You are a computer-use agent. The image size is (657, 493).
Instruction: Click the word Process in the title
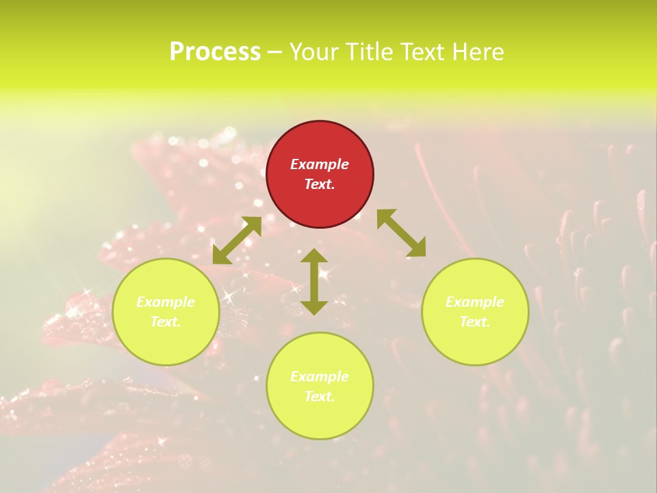(215, 52)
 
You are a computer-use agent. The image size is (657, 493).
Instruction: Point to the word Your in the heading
(314, 52)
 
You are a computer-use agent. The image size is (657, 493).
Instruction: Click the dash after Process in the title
(274, 53)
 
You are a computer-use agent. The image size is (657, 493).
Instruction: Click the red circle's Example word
(320, 164)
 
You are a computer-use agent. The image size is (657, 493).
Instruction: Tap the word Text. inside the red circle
(320, 184)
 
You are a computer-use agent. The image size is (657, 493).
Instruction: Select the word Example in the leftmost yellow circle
(166, 302)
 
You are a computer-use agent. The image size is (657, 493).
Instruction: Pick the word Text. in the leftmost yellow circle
(166, 322)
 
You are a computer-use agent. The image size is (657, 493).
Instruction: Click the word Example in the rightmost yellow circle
(475, 302)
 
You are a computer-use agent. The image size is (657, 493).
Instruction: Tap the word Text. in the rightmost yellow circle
(475, 322)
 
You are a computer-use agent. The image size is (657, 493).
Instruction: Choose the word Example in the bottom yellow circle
(320, 377)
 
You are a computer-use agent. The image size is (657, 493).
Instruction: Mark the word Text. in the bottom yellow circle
(320, 396)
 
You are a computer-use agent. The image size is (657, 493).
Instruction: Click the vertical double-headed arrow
(314, 281)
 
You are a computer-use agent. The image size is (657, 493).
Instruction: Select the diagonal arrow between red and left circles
(237, 240)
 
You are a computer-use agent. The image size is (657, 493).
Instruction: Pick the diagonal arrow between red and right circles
(401, 233)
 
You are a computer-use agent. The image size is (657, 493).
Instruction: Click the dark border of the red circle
(267, 175)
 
